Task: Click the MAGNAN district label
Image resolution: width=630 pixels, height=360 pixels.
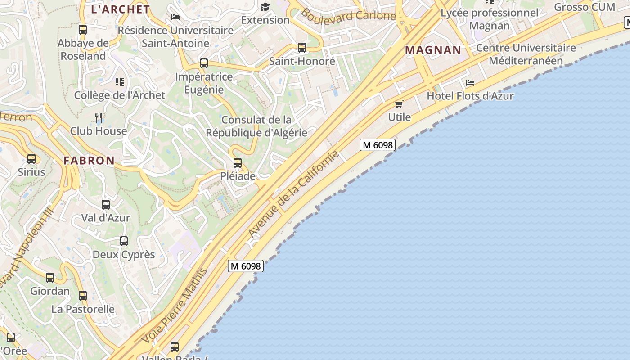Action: pos(433,50)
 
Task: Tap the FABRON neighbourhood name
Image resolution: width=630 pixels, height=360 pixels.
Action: pos(89,161)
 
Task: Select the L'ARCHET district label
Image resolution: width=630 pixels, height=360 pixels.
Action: pos(120,9)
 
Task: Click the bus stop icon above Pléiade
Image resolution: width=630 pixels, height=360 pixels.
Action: pos(238,163)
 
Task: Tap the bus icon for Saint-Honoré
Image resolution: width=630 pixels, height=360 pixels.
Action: pos(302,48)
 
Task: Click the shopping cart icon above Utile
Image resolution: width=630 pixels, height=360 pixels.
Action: pos(399,104)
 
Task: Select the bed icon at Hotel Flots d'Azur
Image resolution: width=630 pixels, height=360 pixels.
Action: pos(470,83)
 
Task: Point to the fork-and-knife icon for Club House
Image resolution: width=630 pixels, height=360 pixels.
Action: pos(99,118)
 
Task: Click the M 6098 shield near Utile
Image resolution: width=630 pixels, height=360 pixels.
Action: pos(378,145)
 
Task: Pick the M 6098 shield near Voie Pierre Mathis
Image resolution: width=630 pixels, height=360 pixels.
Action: pos(245,266)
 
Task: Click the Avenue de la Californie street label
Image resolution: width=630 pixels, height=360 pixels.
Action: pos(293,194)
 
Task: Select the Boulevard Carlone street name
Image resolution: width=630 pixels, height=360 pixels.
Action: pos(348,15)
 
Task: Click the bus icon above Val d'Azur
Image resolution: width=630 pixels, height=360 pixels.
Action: pos(106,205)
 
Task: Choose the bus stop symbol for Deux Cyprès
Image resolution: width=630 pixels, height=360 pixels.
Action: pos(124,241)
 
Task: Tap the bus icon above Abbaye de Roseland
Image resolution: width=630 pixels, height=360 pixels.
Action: pos(83,30)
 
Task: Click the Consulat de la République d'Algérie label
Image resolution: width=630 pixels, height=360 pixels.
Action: pos(256,126)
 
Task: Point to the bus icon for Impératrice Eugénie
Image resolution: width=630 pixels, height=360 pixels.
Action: pos(204,63)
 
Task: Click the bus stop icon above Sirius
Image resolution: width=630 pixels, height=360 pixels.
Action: pos(31,159)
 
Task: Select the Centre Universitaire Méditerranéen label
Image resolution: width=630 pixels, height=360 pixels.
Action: pos(526,54)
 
